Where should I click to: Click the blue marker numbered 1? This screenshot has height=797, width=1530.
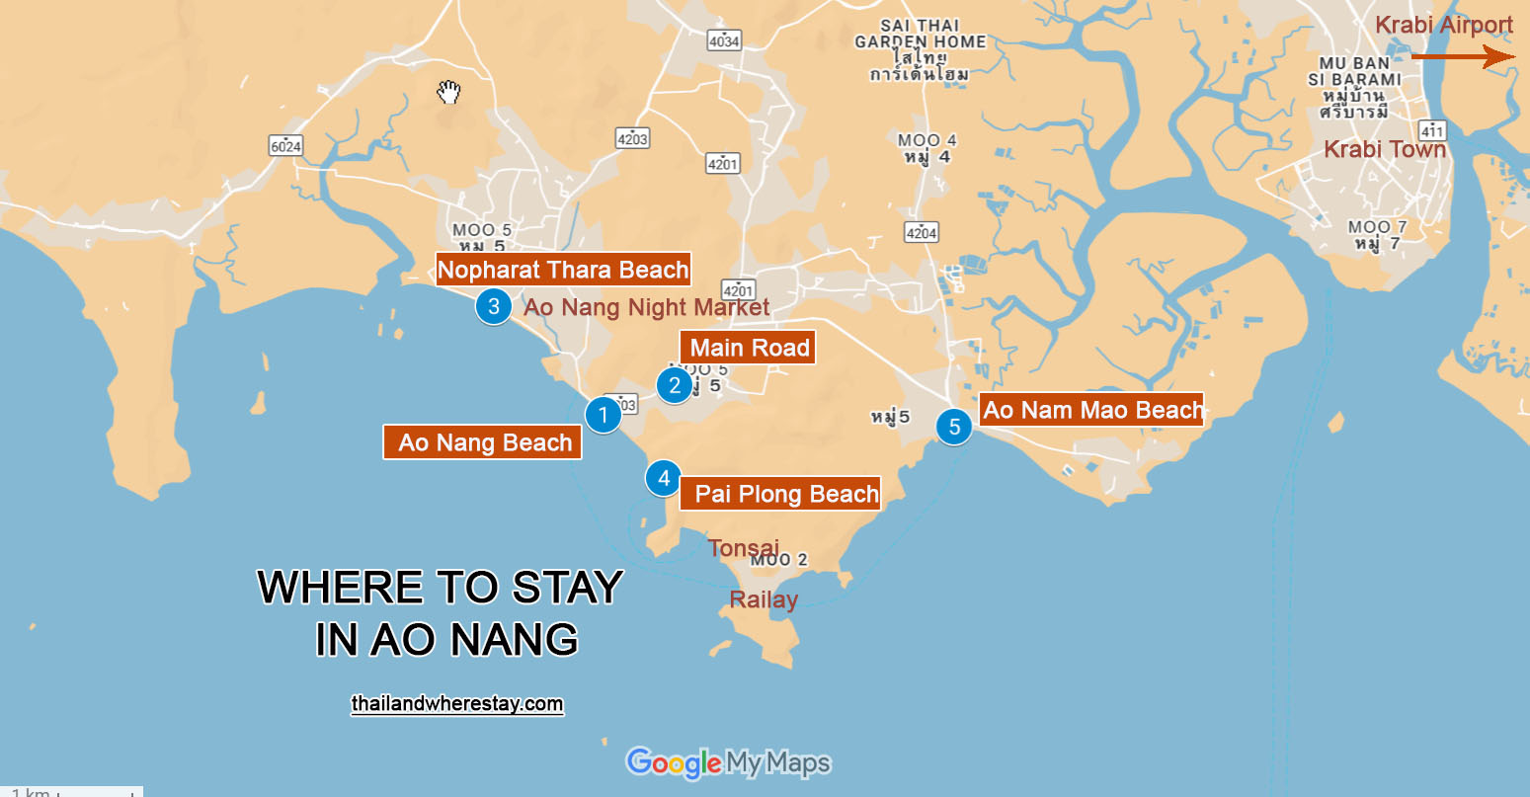tap(603, 415)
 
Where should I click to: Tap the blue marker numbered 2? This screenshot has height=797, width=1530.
tap(675, 385)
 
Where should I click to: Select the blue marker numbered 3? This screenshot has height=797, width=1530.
tap(494, 306)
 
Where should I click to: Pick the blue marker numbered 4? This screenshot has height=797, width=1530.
tap(664, 479)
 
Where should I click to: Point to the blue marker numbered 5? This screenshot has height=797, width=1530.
tap(954, 427)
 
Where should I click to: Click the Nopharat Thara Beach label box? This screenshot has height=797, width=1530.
tap(563, 270)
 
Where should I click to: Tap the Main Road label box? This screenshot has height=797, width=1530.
tap(749, 348)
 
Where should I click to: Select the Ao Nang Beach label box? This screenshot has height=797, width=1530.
tap(484, 442)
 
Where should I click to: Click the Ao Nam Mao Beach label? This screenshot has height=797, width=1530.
tap(1093, 410)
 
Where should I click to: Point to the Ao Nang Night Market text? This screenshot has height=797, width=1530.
tap(646, 307)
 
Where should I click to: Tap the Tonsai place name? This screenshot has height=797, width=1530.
tap(744, 547)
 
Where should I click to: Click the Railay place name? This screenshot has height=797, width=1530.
tap(764, 599)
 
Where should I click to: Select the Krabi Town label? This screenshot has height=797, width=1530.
tap(1384, 150)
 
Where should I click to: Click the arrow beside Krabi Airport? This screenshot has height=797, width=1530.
tap(1462, 57)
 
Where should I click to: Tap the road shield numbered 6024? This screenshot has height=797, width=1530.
tap(285, 146)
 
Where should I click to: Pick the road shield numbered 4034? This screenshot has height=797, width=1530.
tap(724, 40)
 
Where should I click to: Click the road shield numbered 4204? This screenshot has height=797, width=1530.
tap(921, 232)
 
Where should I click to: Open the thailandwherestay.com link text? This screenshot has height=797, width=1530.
tap(457, 704)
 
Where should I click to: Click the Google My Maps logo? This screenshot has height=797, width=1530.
tap(728, 762)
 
